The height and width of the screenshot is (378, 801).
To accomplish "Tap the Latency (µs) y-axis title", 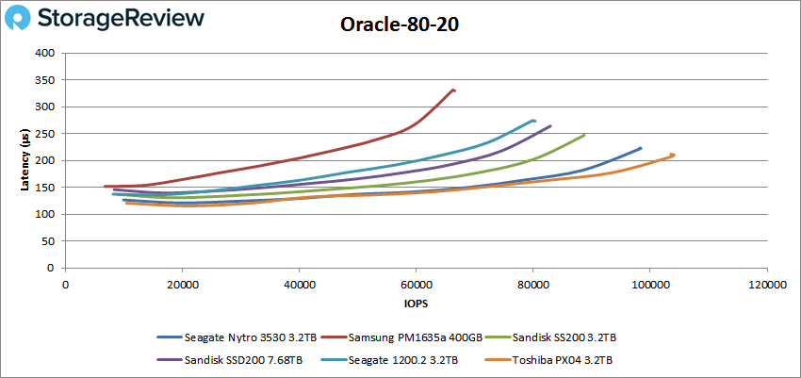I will pos(25,160).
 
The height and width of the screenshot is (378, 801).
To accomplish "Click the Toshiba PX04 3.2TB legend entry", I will pos(556,359).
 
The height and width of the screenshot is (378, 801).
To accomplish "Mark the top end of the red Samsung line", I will pos(453,90).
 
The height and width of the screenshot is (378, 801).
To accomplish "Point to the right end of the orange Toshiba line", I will pos(673,155).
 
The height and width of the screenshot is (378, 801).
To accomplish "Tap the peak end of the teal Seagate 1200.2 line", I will pos(533,121).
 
